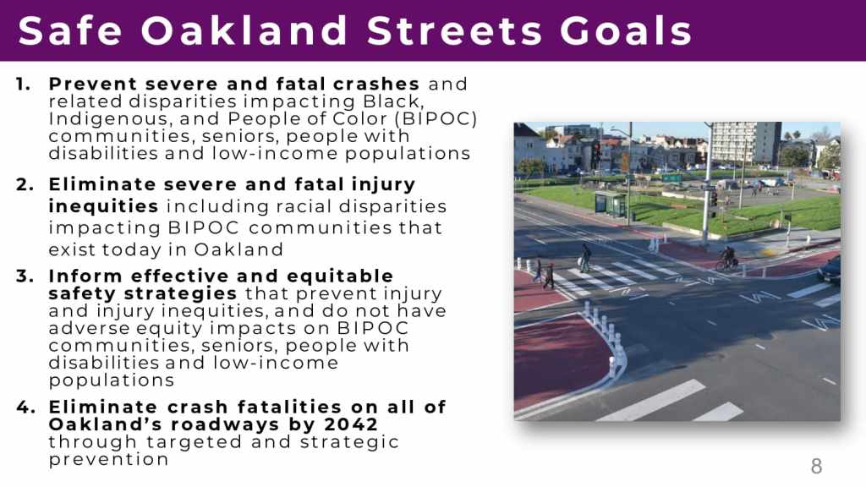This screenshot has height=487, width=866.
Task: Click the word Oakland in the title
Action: click(244, 30)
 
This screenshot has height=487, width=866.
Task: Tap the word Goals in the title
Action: click(625, 30)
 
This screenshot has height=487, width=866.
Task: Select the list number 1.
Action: click(23, 84)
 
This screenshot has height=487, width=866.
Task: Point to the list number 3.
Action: click(25, 276)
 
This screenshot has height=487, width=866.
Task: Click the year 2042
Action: click(351, 424)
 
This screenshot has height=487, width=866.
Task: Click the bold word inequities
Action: click(103, 206)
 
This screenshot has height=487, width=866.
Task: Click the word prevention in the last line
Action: click(108, 459)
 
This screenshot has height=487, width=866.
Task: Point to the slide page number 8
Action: click(816, 467)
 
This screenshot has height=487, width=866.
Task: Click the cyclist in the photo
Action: click(727, 259)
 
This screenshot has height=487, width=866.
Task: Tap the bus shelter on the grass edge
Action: click(611, 204)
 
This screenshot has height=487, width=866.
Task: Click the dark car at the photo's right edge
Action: click(830, 270)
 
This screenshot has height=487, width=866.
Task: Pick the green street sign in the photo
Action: click(672, 178)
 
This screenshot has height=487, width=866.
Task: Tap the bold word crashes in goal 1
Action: click(376, 84)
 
